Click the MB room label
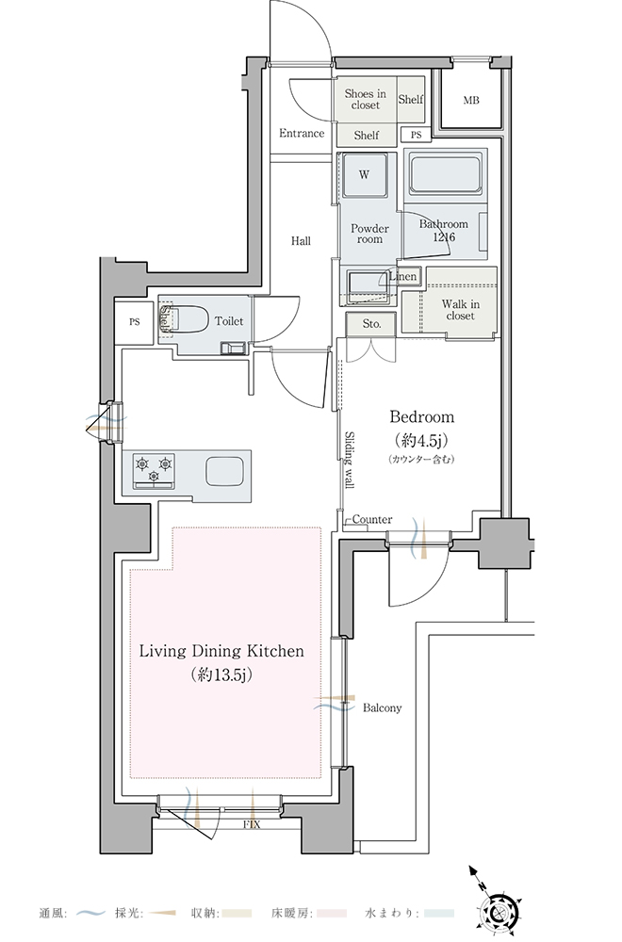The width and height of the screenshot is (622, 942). click(x=471, y=101)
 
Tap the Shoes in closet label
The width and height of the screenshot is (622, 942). click(x=366, y=99)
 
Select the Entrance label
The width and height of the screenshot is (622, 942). click(x=302, y=134)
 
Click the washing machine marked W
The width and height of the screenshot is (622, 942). click(x=365, y=175)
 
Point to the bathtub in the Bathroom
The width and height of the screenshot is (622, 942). click(x=446, y=172)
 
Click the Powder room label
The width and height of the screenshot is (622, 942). click(x=369, y=234)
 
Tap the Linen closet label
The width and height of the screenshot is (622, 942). click(x=402, y=276)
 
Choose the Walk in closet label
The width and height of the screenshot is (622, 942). click(x=460, y=310)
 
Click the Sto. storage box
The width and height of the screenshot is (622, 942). click(x=371, y=324)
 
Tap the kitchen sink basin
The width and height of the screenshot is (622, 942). click(x=225, y=471)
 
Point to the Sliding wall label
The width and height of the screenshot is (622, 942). click(x=349, y=460)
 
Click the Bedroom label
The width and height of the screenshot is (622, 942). click(x=422, y=417)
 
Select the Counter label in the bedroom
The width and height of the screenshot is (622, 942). click(x=372, y=520)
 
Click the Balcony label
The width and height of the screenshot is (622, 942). click(x=383, y=708)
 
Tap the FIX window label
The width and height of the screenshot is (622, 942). click(x=252, y=825)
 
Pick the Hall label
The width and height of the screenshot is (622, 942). click(x=301, y=241)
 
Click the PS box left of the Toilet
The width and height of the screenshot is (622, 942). click(x=134, y=322)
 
